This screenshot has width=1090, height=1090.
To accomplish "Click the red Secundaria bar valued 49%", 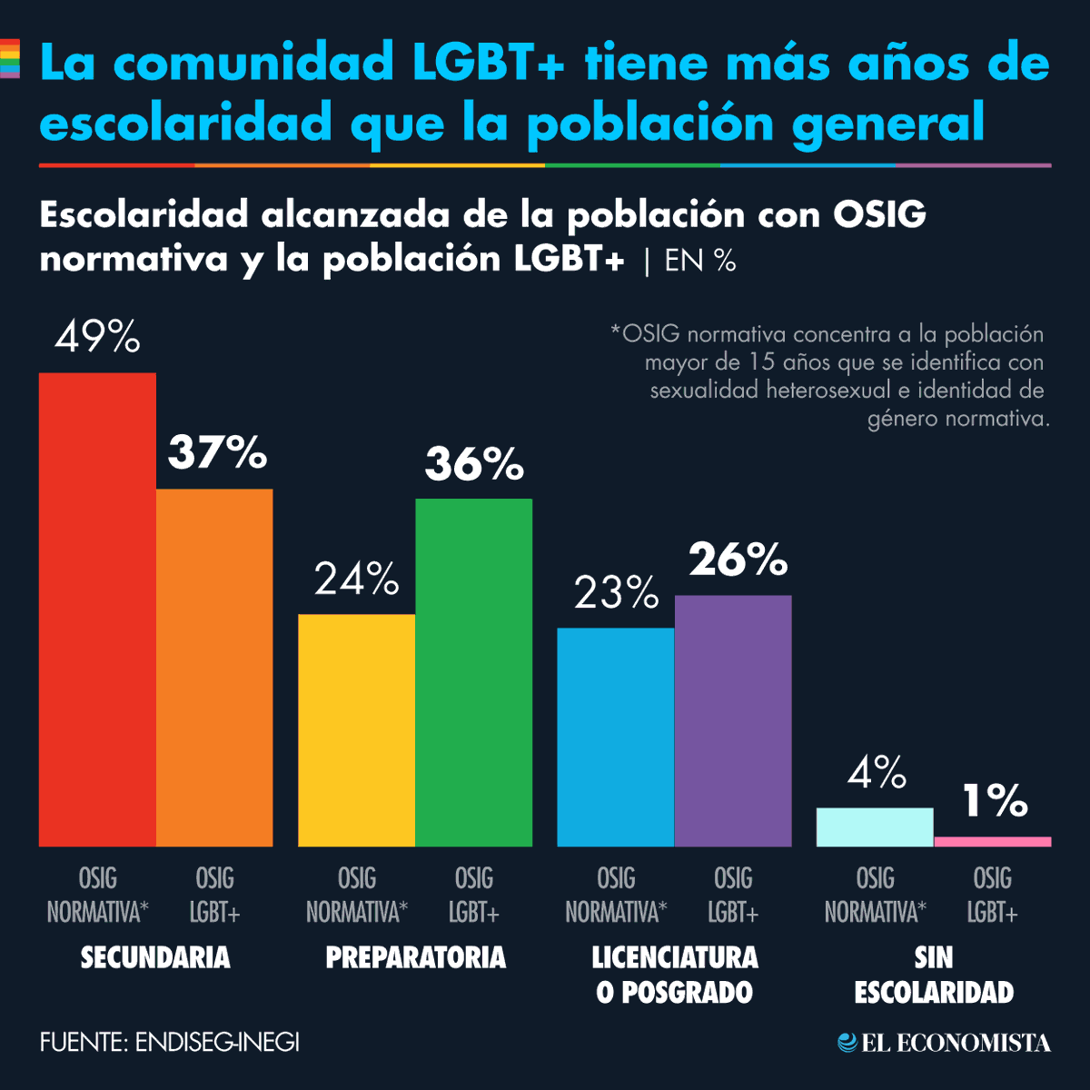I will [x=97, y=609].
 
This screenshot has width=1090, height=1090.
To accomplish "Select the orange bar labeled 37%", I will [x=214, y=668].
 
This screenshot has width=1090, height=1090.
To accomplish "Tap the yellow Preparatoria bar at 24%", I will [x=357, y=730].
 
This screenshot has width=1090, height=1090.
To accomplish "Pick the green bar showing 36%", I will [x=474, y=672].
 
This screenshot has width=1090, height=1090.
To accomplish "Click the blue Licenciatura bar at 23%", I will [x=616, y=737].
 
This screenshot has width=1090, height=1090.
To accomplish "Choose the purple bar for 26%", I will [x=733, y=720].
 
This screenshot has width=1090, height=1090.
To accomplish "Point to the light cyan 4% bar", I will [x=875, y=827].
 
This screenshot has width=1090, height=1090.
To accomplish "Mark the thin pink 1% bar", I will [x=992, y=841].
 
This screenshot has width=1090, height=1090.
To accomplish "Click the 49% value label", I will [x=97, y=338].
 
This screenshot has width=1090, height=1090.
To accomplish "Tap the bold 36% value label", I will [x=474, y=464].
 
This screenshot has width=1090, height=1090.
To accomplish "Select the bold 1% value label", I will [x=995, y=801].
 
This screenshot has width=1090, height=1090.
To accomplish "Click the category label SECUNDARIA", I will [x=155, y=957].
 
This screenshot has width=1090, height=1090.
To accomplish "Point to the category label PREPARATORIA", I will [x=415, y=957].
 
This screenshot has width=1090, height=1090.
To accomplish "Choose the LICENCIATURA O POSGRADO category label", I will [x=675, y=975].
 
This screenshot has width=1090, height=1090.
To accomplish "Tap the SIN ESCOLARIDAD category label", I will [x=934, y=975].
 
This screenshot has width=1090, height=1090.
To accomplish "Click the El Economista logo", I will [x=945, y=1043].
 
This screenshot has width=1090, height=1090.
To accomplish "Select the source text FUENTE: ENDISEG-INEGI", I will [x=170, y=1042].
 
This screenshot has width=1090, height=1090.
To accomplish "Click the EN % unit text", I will [x=699, y=262].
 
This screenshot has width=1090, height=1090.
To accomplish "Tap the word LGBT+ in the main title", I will [x=489, y=63].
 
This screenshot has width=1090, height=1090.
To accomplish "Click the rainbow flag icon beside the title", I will [x=9, y=59].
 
